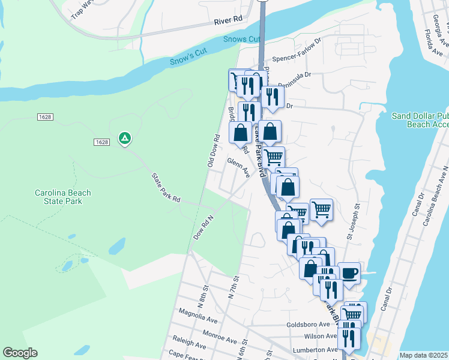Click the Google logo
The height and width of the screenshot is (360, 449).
pos(20,353)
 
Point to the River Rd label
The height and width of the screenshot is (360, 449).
pos(228,20)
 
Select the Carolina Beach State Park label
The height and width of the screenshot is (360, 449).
pos(62,197)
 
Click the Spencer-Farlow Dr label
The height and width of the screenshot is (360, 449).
pos(297,59)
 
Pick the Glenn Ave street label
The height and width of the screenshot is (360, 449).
pos(238,164)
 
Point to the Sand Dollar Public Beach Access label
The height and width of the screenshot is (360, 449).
pos(420,120)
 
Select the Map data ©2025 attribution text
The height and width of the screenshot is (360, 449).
pos(424,355)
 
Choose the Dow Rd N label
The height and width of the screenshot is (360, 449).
pos(203,228)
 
